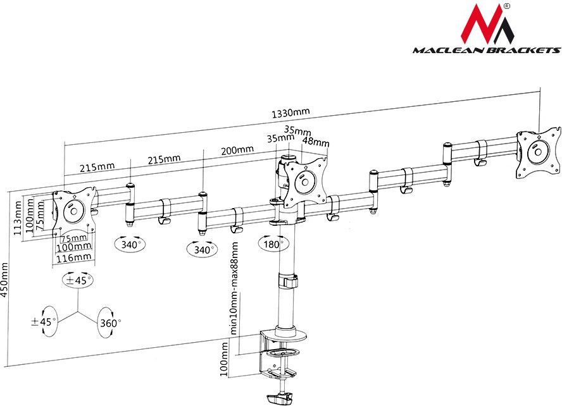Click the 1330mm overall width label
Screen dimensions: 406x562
point(290,113)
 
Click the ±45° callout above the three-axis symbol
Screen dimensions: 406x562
point(78,279)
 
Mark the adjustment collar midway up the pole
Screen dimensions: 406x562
point(286,280)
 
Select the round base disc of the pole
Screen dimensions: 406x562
point(288,331)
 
